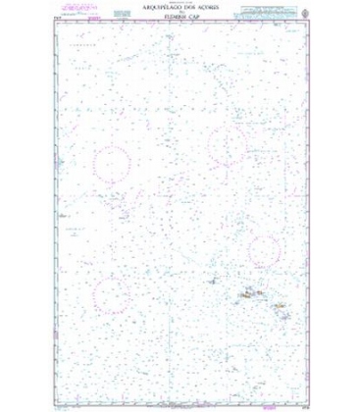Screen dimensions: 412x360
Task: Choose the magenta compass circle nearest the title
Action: coord(227,145)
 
